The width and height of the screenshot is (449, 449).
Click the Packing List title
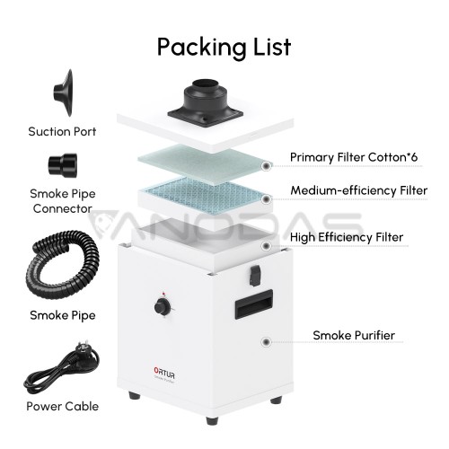click(x=224, y=48)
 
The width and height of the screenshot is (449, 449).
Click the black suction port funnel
click(x=64, y=92)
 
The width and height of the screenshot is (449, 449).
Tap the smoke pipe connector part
click(x=63, y=165)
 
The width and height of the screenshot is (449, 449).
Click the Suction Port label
click(x=62, y=132)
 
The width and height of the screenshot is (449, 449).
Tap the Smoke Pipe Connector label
click(x=63, y=201)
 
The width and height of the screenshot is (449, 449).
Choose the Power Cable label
click(x=63, y=406)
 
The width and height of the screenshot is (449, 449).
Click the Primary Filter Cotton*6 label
click(x=354, y=157)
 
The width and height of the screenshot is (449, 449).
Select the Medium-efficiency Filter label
click(x=359, y=190)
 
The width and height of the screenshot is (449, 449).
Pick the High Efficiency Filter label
click(x=347, y=237)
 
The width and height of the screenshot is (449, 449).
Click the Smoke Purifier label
click(x=354, y=335)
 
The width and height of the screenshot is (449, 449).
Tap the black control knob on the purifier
click(x=163, y=307)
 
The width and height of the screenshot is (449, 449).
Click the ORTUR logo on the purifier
click(x=164, y=373)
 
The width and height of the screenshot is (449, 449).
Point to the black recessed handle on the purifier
click(x=254, y=304)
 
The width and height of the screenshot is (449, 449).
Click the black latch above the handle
click(x=255, y=276)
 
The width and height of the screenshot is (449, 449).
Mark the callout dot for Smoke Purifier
click(x=266, y=342)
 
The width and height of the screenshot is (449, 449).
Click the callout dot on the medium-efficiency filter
click(x=266, y=199)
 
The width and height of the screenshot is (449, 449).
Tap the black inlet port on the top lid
click(x=206, y=102)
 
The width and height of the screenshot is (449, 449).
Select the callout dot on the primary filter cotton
click(x=266, y=166)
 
